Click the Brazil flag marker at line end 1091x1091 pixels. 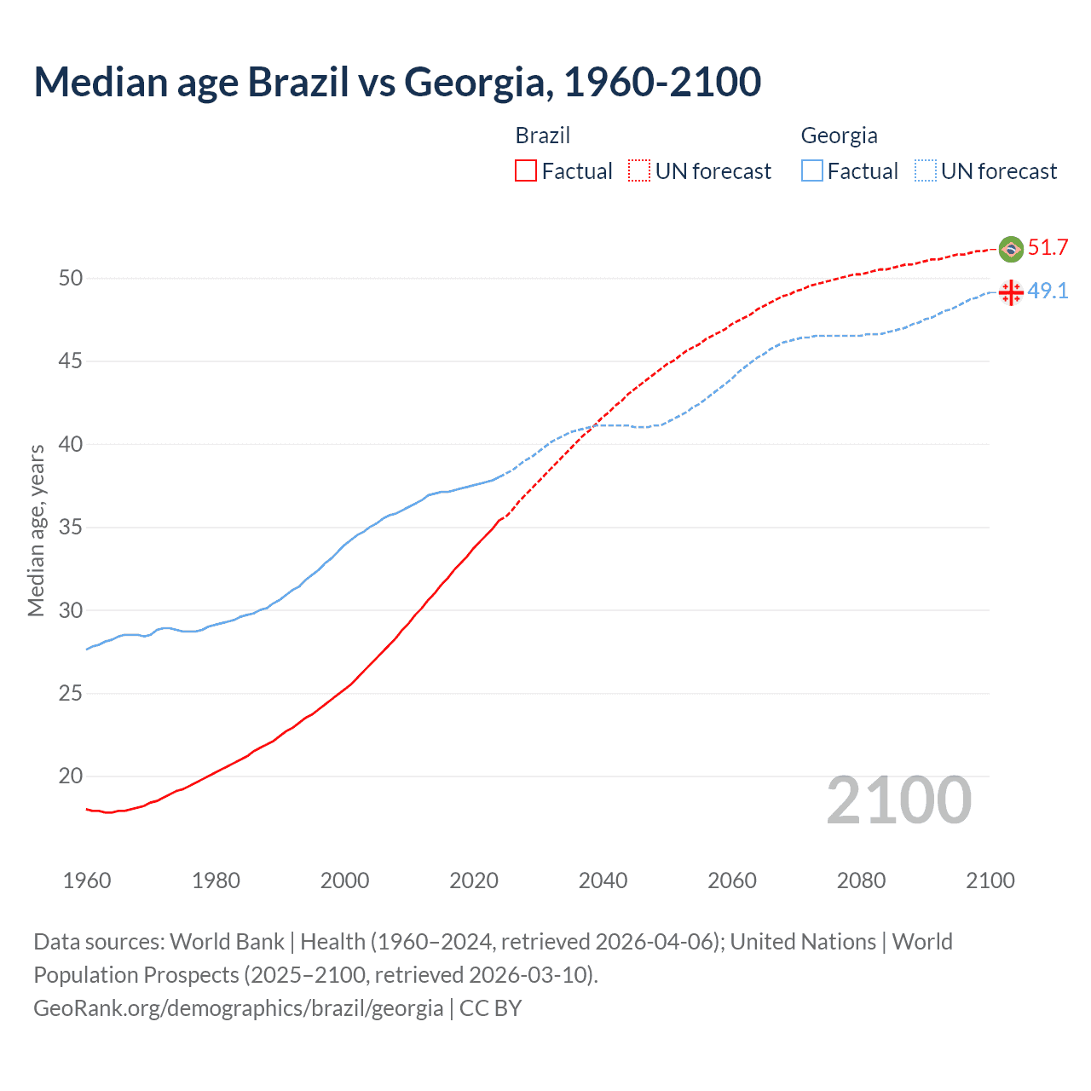tap(1011, 249)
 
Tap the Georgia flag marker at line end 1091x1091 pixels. tap(1011, 292)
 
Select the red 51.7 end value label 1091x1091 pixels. tap(1048, 248)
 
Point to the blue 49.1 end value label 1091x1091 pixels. tap(1048, 292)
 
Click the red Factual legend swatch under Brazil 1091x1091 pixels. tap(526, 171)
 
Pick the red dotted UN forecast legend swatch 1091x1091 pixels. tap(639, 171)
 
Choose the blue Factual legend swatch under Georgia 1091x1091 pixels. tap(812, 171)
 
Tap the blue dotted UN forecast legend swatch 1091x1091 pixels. tap(925, 171)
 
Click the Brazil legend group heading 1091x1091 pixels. tap(542, 136)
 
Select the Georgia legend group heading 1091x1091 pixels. tap(839, 136)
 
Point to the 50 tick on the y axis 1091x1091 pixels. tap(71, 278)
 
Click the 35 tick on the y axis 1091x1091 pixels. tap(71, 528)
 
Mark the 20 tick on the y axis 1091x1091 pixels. tap(71, 776)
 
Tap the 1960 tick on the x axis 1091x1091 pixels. tap(87, 880)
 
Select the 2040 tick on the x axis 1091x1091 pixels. tap(603, 880)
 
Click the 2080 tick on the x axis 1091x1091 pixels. tap(861, 880)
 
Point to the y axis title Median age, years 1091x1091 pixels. tap(36, 530)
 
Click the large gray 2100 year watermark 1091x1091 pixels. tap(898, 800)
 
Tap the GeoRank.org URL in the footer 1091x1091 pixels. tap(238, 1008)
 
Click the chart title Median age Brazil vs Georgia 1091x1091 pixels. tap(397, 82)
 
